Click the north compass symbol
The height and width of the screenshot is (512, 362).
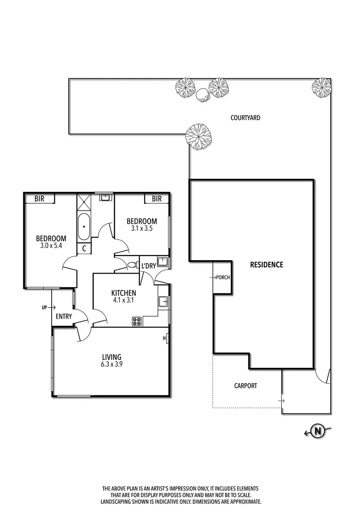318,431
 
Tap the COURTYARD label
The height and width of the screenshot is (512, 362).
245,118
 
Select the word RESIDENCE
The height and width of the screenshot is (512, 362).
266,265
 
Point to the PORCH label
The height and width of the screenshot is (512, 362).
222,277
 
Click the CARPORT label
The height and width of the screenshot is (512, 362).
245,386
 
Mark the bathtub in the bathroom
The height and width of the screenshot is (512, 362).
84,227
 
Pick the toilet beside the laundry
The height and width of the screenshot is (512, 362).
132,266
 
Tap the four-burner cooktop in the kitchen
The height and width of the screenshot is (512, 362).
137,321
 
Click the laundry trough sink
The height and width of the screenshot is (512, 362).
163,262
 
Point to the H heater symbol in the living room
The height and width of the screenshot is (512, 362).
165,338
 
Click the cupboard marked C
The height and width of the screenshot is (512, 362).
84,248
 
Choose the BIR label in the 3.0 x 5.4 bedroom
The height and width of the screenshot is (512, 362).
39,199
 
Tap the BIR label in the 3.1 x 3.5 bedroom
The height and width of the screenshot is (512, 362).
157,199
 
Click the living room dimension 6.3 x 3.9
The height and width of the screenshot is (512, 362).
112,365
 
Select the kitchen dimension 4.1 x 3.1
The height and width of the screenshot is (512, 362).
123,301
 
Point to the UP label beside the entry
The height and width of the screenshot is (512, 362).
45,307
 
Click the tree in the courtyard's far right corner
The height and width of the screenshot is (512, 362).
321,87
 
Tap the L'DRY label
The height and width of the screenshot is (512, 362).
148,266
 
